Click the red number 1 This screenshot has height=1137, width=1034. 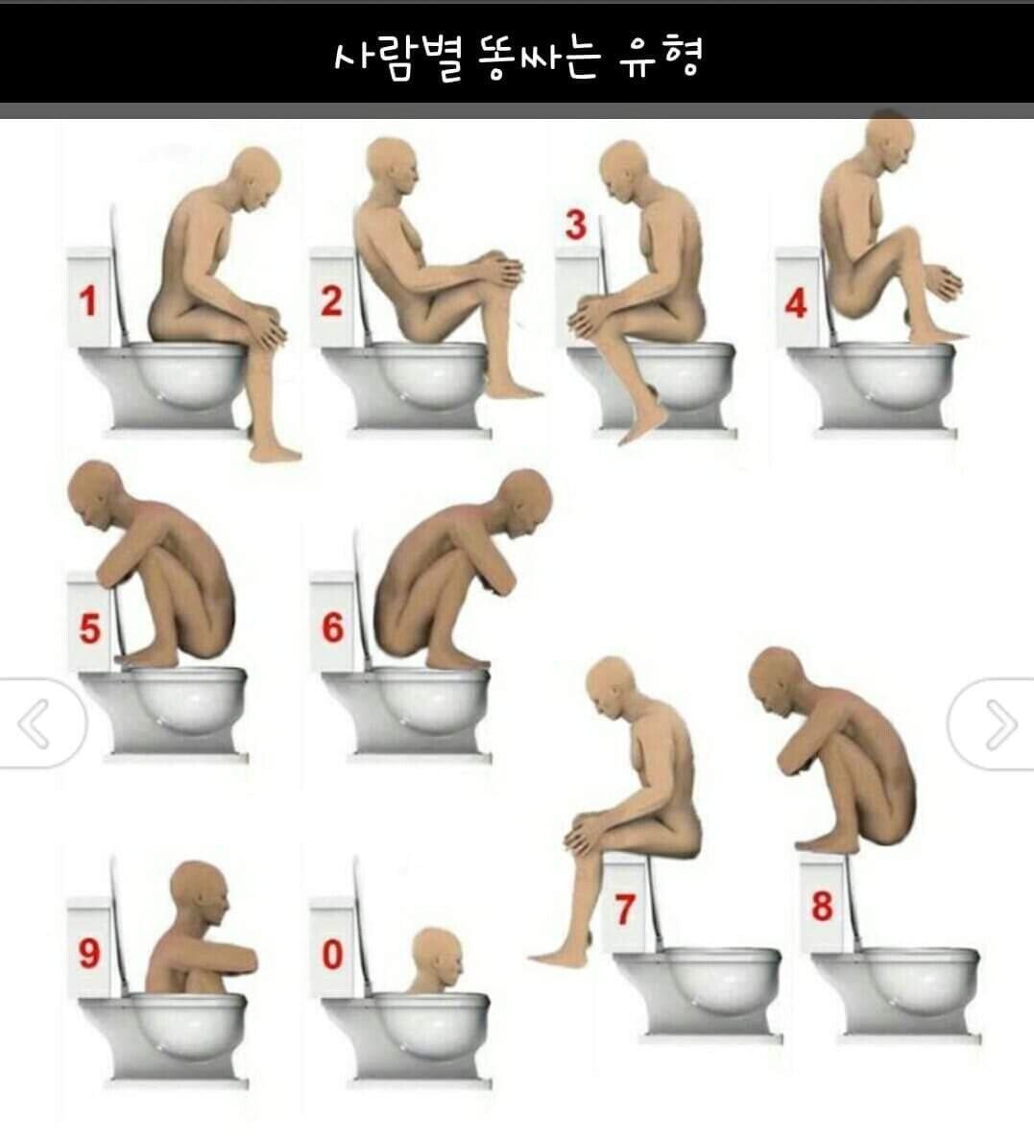click(87, 301)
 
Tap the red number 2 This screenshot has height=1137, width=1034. click(331, 301)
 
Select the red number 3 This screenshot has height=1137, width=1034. click(576, 225)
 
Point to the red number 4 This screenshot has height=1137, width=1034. click(796, 303)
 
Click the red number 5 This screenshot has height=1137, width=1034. click(90, 628)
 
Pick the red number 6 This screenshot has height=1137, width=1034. click(332, 628)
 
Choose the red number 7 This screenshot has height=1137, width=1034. click(625, 910)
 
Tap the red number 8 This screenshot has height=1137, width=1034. click(822, 907)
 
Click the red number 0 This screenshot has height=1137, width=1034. click(332, 955)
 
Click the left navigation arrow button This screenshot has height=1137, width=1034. click(40, 722)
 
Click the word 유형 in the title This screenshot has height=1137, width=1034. click(661, 57)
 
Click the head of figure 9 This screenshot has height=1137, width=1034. click(200, 893)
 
